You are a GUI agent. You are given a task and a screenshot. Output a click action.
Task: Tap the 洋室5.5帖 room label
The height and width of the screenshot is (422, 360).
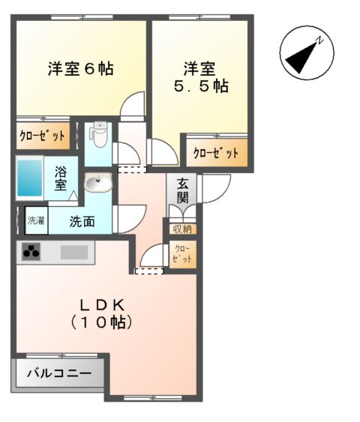point(199,77)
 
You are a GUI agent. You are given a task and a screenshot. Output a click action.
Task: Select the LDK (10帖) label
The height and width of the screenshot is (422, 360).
point(103,313)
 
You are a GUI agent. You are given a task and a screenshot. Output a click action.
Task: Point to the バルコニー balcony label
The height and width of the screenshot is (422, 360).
point(59,373)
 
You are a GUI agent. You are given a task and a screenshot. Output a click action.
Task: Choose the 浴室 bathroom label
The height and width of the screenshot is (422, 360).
point(60,178)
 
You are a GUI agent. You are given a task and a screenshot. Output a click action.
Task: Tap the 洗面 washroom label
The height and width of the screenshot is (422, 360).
point(82,221)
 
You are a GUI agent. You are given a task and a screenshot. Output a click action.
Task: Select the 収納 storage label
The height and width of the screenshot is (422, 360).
point(181,229)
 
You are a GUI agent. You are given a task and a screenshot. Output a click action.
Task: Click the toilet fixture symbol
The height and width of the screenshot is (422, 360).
point(98,134)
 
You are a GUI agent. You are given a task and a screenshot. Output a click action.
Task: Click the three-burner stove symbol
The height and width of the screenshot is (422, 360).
point(30,253)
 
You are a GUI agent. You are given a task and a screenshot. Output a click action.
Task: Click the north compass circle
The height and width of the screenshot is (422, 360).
point(305,55)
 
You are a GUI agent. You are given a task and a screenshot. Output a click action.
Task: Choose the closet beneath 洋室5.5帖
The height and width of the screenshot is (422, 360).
point(215,152)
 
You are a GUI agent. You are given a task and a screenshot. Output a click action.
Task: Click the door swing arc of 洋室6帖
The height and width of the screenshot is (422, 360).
point(133,105)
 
